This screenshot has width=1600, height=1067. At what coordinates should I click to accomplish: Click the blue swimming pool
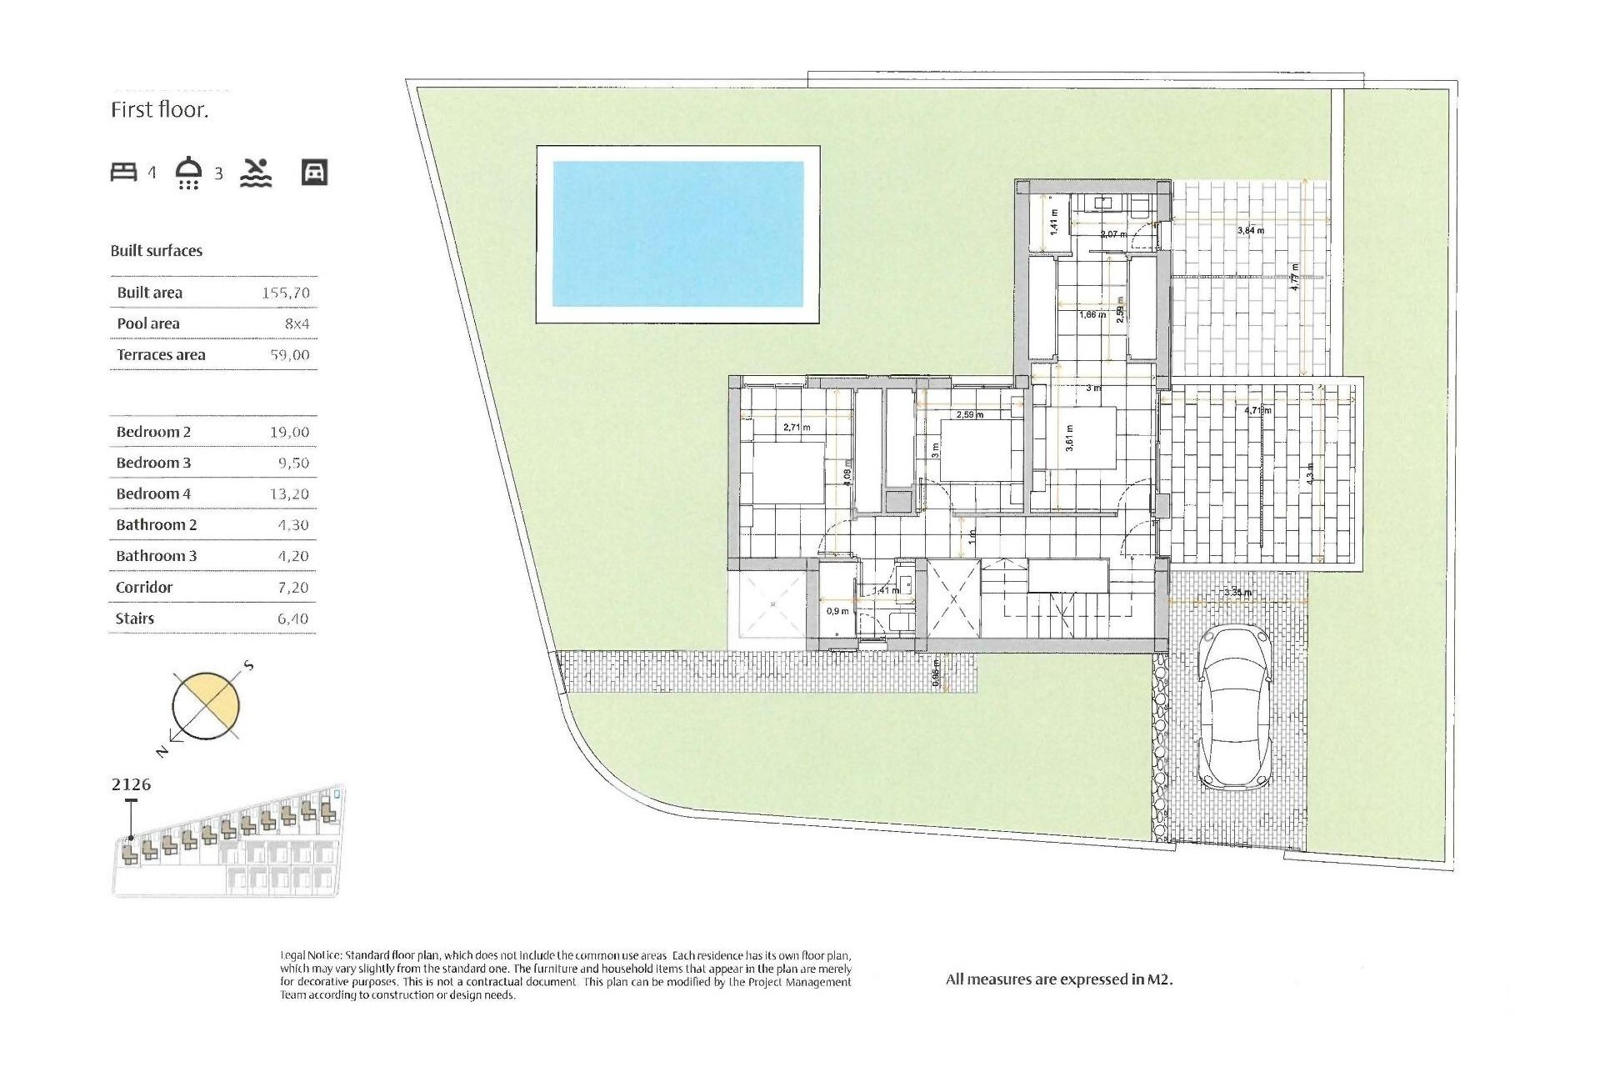677,234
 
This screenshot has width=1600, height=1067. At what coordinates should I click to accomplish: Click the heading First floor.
159,110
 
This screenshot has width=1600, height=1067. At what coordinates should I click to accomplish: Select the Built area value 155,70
285,293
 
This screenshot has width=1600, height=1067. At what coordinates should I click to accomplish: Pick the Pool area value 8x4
297,323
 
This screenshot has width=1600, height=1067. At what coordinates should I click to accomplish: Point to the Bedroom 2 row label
153,432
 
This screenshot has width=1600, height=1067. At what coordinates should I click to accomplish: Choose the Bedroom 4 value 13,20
288,494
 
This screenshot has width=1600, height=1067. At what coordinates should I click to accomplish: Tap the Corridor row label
144,588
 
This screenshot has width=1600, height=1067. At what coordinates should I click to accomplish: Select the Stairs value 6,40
292,619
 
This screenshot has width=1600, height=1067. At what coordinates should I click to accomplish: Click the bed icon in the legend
123,173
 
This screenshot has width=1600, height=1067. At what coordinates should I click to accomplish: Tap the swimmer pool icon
256,173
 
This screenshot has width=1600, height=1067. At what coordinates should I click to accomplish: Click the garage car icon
314,173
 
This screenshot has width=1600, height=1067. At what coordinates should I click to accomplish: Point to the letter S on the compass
248,666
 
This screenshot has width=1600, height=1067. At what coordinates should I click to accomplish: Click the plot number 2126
132,784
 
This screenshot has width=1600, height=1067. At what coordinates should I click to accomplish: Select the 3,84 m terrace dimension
1250,230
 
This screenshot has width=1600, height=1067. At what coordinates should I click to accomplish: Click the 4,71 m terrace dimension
1257,410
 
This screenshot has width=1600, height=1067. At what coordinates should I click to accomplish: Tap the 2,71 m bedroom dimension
797,428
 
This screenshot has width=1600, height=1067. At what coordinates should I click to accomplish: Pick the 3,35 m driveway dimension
1237,593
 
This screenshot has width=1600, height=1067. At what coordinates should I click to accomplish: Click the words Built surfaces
157,251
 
